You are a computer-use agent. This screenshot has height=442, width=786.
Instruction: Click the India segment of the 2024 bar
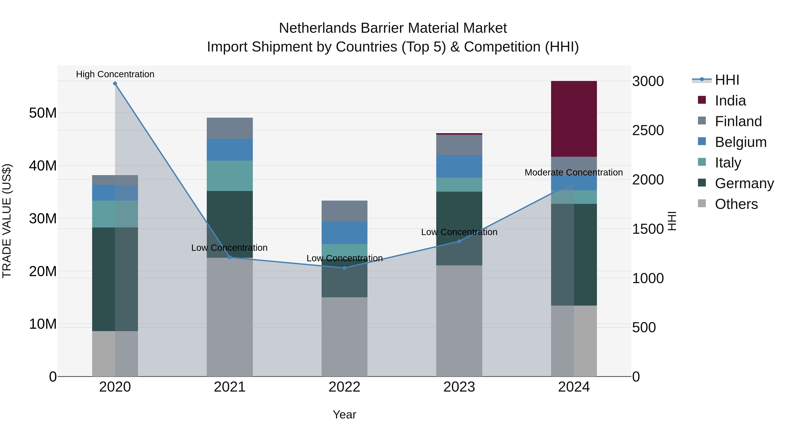(x=574, y=119)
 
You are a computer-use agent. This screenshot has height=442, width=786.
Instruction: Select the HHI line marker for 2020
(x=115, y=84)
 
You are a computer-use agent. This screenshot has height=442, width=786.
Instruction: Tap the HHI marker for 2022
(x=345, y=268)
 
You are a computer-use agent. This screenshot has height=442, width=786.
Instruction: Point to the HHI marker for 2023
(x=459, y=241)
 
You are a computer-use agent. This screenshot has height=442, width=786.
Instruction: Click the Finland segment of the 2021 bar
(x=230, y=128)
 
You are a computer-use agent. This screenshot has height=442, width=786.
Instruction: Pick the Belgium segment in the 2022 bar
(x=345, y=232)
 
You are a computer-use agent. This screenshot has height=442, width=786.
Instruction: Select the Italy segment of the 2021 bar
(x=230, y=176)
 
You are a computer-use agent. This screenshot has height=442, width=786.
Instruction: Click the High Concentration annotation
(x=115, y=74)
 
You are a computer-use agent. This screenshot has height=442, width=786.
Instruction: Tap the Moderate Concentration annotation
(x=573, y=172)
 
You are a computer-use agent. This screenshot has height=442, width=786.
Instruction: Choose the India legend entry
(x=730, y=101)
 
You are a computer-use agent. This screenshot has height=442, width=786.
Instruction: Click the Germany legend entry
(x=744, y=183)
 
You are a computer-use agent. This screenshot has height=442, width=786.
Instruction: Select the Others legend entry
(x=736, y=204)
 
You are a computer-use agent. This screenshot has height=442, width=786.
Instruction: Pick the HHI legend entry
(x=727, y=80)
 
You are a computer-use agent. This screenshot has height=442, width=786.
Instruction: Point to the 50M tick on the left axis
(x=43, y=113)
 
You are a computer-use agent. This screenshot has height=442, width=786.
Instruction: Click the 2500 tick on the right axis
(x=648, y=130)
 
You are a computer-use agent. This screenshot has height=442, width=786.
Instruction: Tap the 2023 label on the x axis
(x=459, y=387)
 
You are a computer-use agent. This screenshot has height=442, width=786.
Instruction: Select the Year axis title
(x=345, y=414)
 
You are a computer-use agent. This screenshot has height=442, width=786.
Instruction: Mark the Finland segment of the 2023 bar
(x=459, y=144)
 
